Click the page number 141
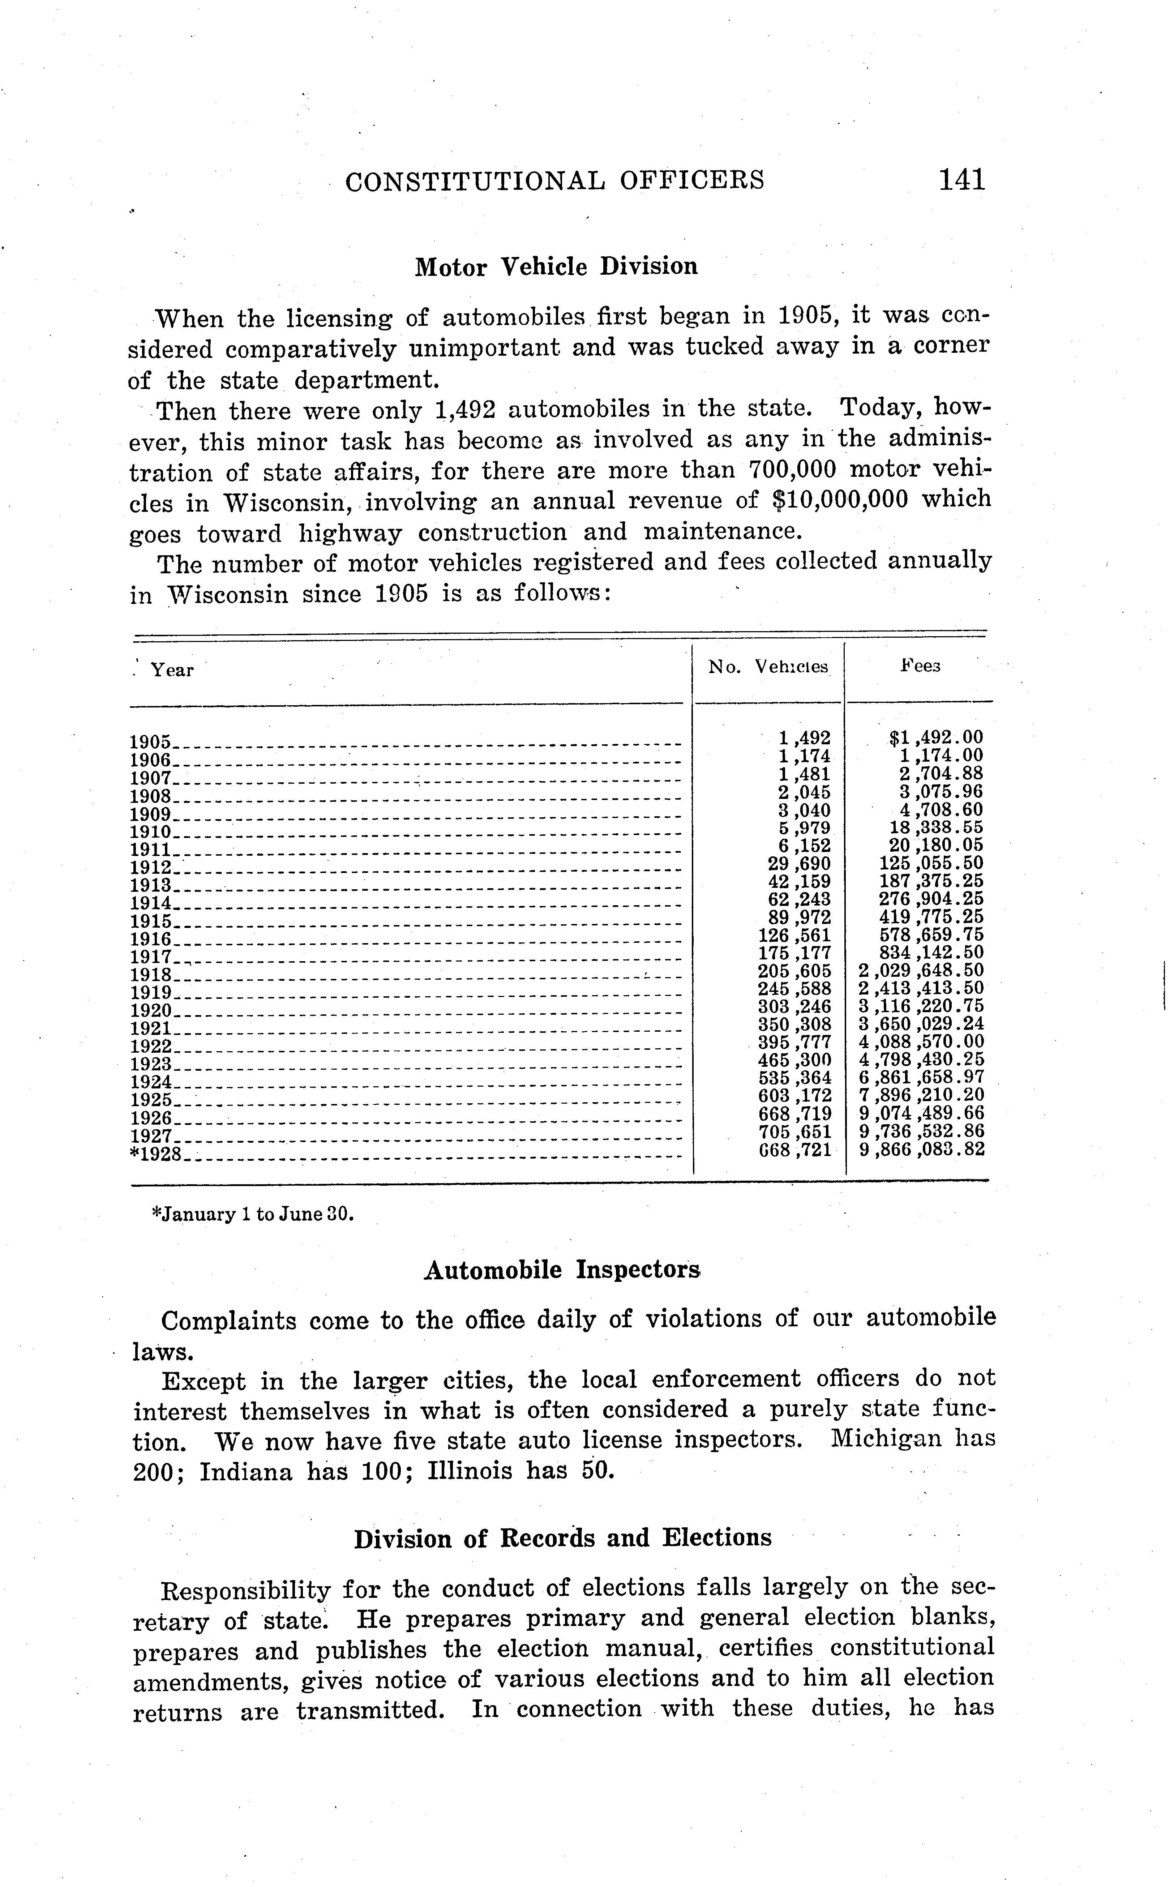click(961, 180)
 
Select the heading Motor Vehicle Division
click(556, 267)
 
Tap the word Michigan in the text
click(885, 1439)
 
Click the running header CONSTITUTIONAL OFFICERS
click(554, 181)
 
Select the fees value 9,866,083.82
click(922, 1150)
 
